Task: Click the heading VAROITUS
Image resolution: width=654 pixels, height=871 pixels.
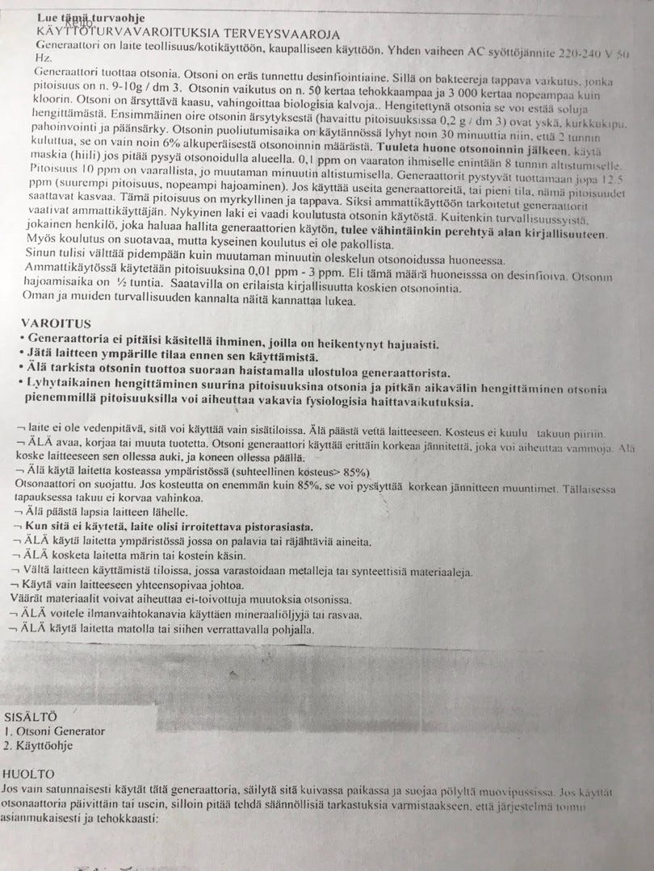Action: tap(49, 323)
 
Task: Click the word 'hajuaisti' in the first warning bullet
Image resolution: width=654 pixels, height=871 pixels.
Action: tap(407, 343)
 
